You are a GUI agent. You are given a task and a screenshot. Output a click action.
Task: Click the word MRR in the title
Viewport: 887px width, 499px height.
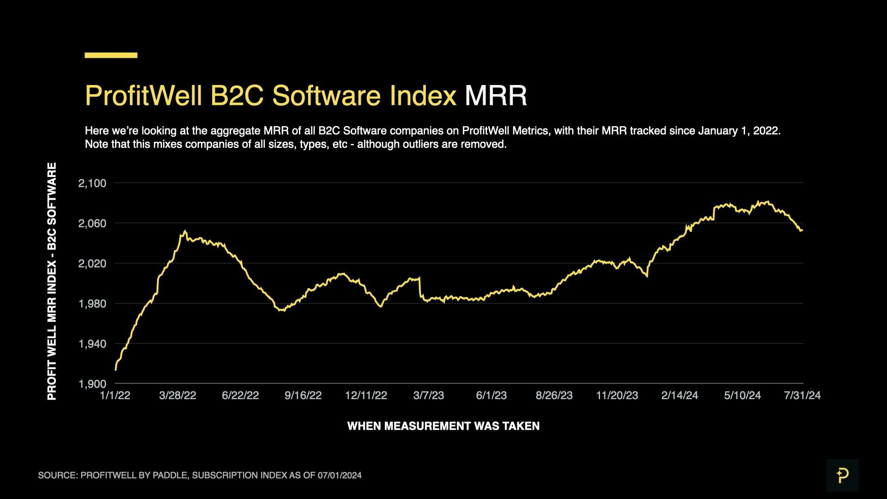(x=495, y=96)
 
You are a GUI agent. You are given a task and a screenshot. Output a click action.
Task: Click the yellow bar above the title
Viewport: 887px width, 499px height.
(x=111, y=55)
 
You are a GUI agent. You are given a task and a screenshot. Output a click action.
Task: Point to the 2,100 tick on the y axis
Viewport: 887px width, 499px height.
(x=92, y=183)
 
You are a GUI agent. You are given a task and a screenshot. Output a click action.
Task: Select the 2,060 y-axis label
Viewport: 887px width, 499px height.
(x=92, y=224)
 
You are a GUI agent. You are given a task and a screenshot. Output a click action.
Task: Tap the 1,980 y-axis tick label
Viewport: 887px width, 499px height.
(x=92, y=304)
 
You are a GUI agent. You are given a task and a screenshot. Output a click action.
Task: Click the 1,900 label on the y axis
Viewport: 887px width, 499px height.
(x=92, y=384)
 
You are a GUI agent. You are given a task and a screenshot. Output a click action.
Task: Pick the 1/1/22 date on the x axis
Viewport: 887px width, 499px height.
(x=115, y=396)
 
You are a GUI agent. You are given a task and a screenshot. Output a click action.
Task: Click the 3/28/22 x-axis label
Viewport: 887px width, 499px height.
(x=177, y=396)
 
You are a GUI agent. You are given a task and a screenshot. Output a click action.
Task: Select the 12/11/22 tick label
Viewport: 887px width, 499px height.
(x=366, y=396)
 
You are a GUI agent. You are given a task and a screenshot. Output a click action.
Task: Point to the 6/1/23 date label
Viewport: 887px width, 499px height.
(x=491, y=396)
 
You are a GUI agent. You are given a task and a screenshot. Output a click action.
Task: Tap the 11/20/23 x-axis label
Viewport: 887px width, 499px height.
(x=617, y=396)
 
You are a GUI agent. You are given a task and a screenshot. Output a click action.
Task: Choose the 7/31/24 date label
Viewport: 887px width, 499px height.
(x=802, y=396)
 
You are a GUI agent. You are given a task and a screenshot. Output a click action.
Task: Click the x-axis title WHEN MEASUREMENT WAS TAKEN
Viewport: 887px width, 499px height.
(x=443, y=426)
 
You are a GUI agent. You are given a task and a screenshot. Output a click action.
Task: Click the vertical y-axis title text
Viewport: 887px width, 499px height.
(x=52, y=281)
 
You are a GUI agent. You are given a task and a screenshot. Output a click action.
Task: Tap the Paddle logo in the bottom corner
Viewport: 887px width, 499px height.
(x=842, y=475)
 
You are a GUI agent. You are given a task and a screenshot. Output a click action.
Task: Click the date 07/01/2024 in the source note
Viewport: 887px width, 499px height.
(x=340, y=475)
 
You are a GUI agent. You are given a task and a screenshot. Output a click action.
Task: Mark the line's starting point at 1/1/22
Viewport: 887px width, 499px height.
(x=115, y=370)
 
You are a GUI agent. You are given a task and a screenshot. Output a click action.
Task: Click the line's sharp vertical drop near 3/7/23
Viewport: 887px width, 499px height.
(x=419, y=287)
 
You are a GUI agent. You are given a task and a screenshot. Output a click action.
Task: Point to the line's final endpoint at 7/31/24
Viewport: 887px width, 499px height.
(x=802, y=230)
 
